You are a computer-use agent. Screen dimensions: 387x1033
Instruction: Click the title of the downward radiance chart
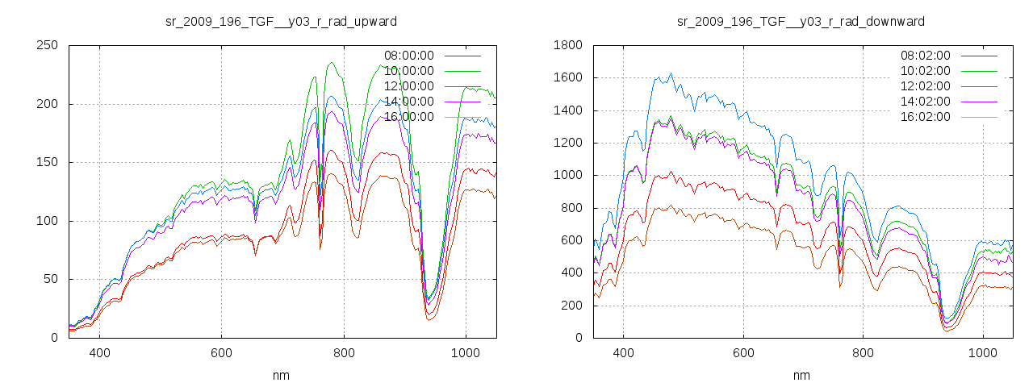[x=801, y=21]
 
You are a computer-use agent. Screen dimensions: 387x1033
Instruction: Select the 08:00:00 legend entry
[x=409, y=56]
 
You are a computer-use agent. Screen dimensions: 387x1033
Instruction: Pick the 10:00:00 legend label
[x=409, y=71]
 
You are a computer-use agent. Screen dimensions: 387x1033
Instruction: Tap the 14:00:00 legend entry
[x=409, y=102]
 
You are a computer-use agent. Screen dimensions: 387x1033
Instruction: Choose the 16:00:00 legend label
[x=409, y=117]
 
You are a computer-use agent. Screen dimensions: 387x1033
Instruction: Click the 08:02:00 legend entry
[x=926, y=56]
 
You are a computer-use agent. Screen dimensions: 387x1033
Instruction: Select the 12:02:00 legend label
[x=926, y=86]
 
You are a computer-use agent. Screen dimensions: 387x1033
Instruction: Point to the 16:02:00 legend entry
[x=926, y=117]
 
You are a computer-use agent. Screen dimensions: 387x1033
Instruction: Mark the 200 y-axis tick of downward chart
[x=571, y=306]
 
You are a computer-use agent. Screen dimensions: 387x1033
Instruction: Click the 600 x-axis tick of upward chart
[x=222, y=353]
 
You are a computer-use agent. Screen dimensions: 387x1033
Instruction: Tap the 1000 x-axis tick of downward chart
[x=983, y=353]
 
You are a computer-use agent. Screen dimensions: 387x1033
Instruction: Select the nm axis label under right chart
[x=801, y=376]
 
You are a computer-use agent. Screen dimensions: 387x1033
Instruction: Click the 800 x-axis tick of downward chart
[x=863, y=353]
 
